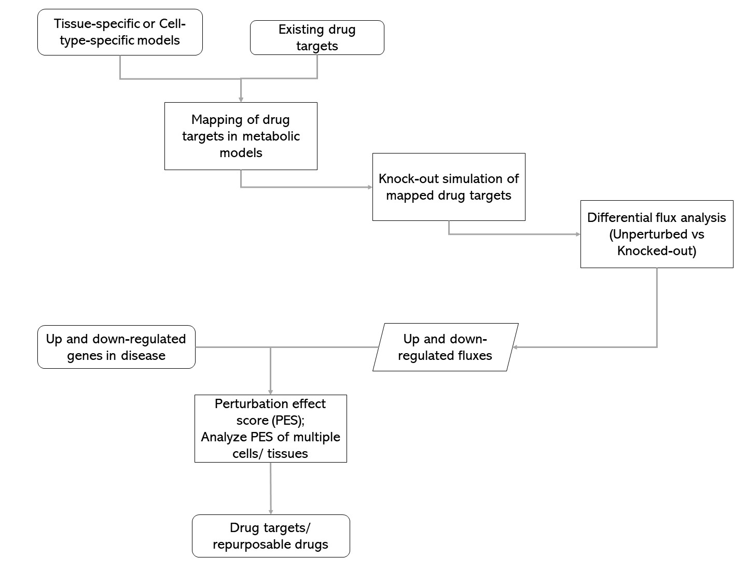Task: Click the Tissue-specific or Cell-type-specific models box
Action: point(120,32)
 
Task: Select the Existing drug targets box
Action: point(317,37)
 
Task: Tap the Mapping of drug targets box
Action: point(241,136)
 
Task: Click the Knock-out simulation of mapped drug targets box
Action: point(449,187)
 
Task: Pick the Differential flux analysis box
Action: point(656,234)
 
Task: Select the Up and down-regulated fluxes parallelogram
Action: point(445,347)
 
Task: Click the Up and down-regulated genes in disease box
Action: point(116,347)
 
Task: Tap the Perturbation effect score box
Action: point(270,428)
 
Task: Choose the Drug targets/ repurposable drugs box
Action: point(271,536)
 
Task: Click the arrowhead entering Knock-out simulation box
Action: point(370,187)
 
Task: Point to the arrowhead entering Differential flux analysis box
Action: point(578,234)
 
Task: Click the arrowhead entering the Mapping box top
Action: point(241,99)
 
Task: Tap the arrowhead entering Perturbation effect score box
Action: point(270,392)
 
